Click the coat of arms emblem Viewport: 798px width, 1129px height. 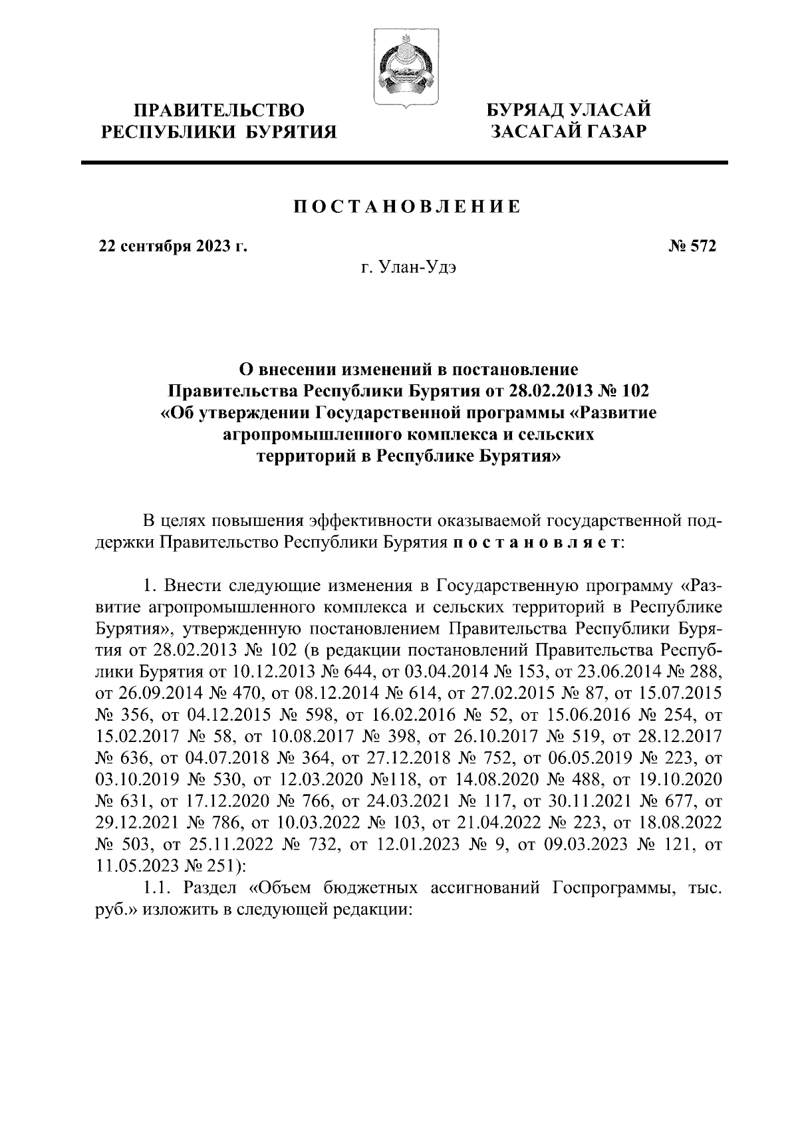click(x=402, y=66)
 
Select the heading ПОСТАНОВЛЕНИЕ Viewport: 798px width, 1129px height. click(x=407, y=207)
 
